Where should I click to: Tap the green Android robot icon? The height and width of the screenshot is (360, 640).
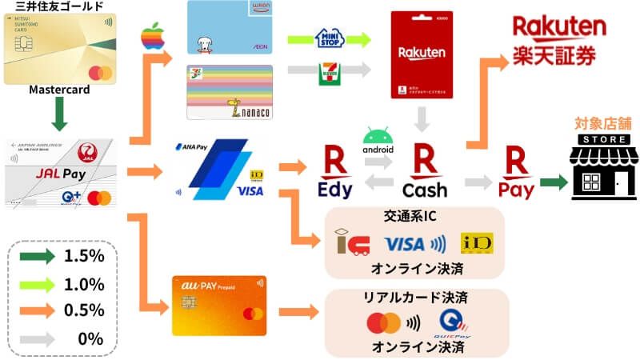[x=379, y=134]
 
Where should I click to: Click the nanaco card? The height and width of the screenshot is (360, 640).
[x=230, y=92]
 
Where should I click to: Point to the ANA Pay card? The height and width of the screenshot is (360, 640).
[x=219, y=170]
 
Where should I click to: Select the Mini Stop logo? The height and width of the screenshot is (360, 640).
[x=330, y=38]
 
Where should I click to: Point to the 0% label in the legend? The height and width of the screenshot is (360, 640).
[x=91, y=338]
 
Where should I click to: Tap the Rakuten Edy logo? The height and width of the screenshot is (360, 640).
[x=334, y=172]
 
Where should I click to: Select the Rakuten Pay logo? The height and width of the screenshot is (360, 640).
[x=515, y=172]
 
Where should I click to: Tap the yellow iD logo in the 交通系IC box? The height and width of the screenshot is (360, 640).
[x=477, y=243]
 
